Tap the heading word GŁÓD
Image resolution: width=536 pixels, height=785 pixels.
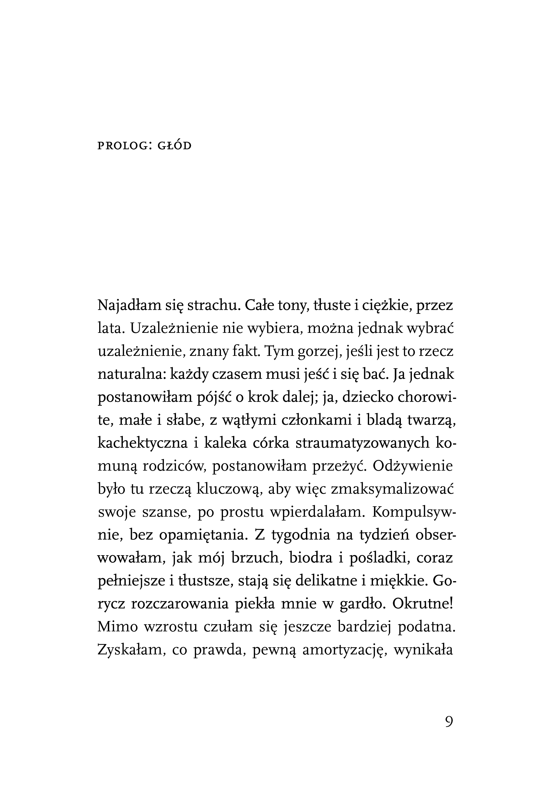click(x=175, y=146)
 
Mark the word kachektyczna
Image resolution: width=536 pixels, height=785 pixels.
click(x=143, y=443)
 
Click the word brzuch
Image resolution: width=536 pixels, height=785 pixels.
click(x=257, y=558)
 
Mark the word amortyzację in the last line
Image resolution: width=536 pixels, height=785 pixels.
click(x=344, y=650)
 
